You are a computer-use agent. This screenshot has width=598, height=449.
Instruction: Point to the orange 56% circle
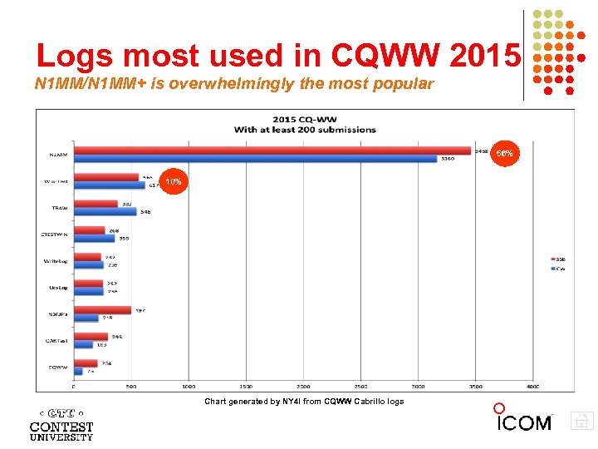(504, 154)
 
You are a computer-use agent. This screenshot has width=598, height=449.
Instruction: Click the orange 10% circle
(173, 181)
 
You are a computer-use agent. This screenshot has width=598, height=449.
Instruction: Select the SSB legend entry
(559, 259)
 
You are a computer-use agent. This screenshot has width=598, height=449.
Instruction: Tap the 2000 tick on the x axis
(303, 387)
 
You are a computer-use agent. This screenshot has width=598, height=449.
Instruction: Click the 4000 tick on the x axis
(532, 387)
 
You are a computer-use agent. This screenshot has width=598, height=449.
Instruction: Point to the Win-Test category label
(57, 180)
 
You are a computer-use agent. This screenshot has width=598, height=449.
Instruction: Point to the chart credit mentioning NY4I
(304, 402)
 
